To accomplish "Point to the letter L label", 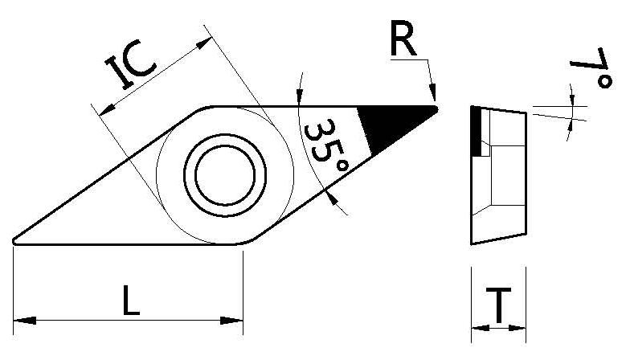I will point(130,301).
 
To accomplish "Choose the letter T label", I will point(500,305).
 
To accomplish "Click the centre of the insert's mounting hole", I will point(225,172).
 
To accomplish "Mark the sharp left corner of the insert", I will point(16,239).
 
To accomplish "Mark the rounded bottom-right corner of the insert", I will point(244,239).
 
